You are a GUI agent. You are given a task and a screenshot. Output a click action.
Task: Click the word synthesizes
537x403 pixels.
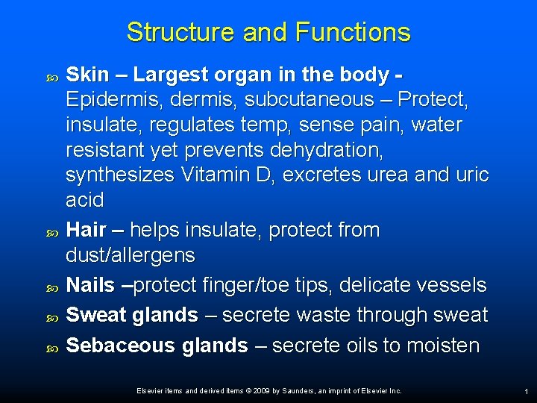(119, 175)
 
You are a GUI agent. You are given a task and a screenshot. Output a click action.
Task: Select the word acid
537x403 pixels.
(85, 201)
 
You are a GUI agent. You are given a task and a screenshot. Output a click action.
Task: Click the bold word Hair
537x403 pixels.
(85, 230)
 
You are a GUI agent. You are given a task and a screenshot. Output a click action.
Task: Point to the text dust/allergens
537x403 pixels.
(131, 255)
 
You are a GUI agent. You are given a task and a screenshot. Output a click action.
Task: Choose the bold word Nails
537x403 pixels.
(90, 285)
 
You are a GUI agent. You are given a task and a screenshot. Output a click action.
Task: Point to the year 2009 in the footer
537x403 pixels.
(262, 391)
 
